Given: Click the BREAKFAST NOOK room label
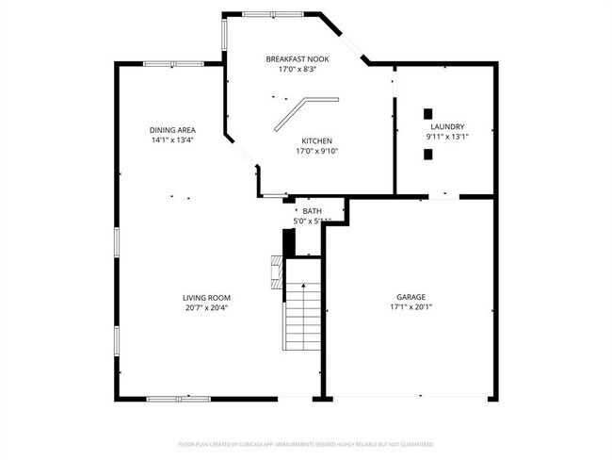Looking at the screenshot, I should (297, 58).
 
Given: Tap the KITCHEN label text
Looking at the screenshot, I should (316, 140).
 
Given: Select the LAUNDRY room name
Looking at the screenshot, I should (447, 126).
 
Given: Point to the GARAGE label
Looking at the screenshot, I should (410, 296).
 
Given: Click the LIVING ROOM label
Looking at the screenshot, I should (206, 297).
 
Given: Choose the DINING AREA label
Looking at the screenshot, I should (172, 129).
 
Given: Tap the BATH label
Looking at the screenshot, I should (312, 211).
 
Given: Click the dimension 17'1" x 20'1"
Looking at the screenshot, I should (410, 306).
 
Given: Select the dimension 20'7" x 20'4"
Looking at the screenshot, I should (206, 307).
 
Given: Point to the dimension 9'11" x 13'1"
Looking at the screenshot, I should (447, 137).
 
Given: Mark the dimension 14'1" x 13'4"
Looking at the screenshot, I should (172, 140).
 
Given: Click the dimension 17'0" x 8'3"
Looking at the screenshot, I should (297, 69).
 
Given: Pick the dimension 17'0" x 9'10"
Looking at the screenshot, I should (316, 150).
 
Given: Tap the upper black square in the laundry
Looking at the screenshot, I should (427, 110).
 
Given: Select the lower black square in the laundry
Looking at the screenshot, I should (427, 155).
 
